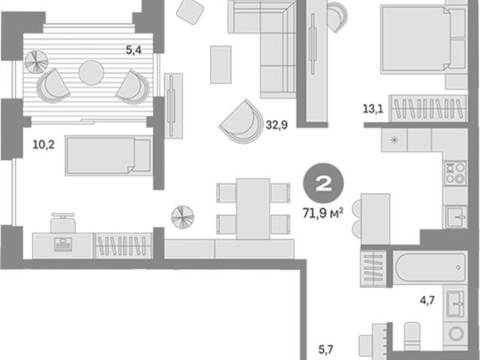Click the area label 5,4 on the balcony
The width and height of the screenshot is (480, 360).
tap(133, 49)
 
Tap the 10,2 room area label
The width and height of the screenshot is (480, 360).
tap(43, 145)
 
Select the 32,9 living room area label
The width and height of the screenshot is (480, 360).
tap(277, 125)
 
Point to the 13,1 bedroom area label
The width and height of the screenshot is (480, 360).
tap(373, 109)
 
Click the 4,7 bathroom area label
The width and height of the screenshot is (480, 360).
tap(427, 300)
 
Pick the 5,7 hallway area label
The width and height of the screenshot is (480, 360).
tap(325, 349)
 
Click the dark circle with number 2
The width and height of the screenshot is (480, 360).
tap(323, 183)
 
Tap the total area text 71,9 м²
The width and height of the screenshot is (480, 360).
tap(322, 213)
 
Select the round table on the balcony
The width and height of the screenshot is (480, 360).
tap(91, 73)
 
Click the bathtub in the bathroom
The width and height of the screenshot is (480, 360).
tap(430, 268)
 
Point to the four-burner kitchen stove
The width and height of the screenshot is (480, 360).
tap(455, 173)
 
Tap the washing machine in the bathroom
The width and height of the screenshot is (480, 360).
tap(455, 334)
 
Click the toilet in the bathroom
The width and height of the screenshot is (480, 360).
tap(412, 336)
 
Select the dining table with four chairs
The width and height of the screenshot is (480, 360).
tap(253, 208)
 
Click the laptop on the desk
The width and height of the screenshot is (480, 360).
tap(63, 244)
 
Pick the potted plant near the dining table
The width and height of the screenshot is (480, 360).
tap(182, 217)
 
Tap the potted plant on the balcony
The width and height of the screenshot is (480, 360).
tap(37, 61)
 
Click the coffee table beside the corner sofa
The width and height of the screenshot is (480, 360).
tap(220, 64)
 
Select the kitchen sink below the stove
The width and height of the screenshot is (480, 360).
tap(456, 217)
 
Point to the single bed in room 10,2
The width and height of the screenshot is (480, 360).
tap(109, 155)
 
